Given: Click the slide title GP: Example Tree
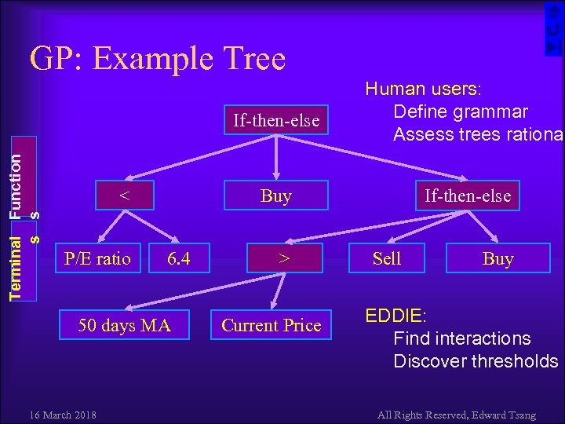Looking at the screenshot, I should pos(157,59).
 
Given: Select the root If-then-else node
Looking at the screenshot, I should pos(276,120).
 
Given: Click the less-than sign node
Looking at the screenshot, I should pos(124,195).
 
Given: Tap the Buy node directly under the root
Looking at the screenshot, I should pos(275,196).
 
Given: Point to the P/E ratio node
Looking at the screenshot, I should pos(97,258).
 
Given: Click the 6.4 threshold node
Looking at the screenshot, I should pos(179,258).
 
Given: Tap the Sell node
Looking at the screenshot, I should pos(387,258).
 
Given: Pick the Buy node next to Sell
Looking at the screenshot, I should pos(498,258).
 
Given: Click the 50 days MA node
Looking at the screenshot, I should pos(125,325).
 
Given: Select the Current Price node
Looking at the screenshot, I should pos(272,325).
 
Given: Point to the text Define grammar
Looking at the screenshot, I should pos(460,111).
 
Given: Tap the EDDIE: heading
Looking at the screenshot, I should pos(395,316).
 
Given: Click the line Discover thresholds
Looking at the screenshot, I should pos(476,361).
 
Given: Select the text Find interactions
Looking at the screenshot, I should pos(461,338).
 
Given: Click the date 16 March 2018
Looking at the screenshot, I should pos(62,414).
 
